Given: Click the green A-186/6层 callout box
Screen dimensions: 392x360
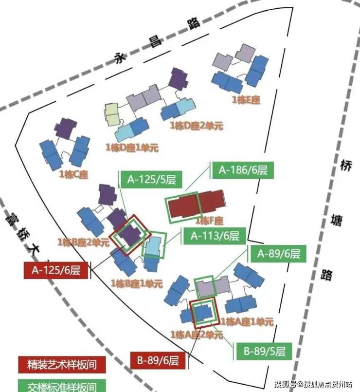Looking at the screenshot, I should coord(242,170).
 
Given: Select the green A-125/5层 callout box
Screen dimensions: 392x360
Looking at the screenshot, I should coord(151,180).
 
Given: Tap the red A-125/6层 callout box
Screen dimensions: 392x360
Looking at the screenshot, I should coord(56,270).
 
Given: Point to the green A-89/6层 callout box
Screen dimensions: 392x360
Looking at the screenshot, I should coord(279,253).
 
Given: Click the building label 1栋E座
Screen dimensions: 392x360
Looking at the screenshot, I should coord(246,100).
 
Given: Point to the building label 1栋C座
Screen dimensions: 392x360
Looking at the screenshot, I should coord(73,174).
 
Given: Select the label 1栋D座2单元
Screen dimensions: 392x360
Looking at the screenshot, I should coord(196,126).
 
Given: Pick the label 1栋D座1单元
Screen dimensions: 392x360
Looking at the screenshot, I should coord(132,147).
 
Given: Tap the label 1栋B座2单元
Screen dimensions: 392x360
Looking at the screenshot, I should coord(83,242).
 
